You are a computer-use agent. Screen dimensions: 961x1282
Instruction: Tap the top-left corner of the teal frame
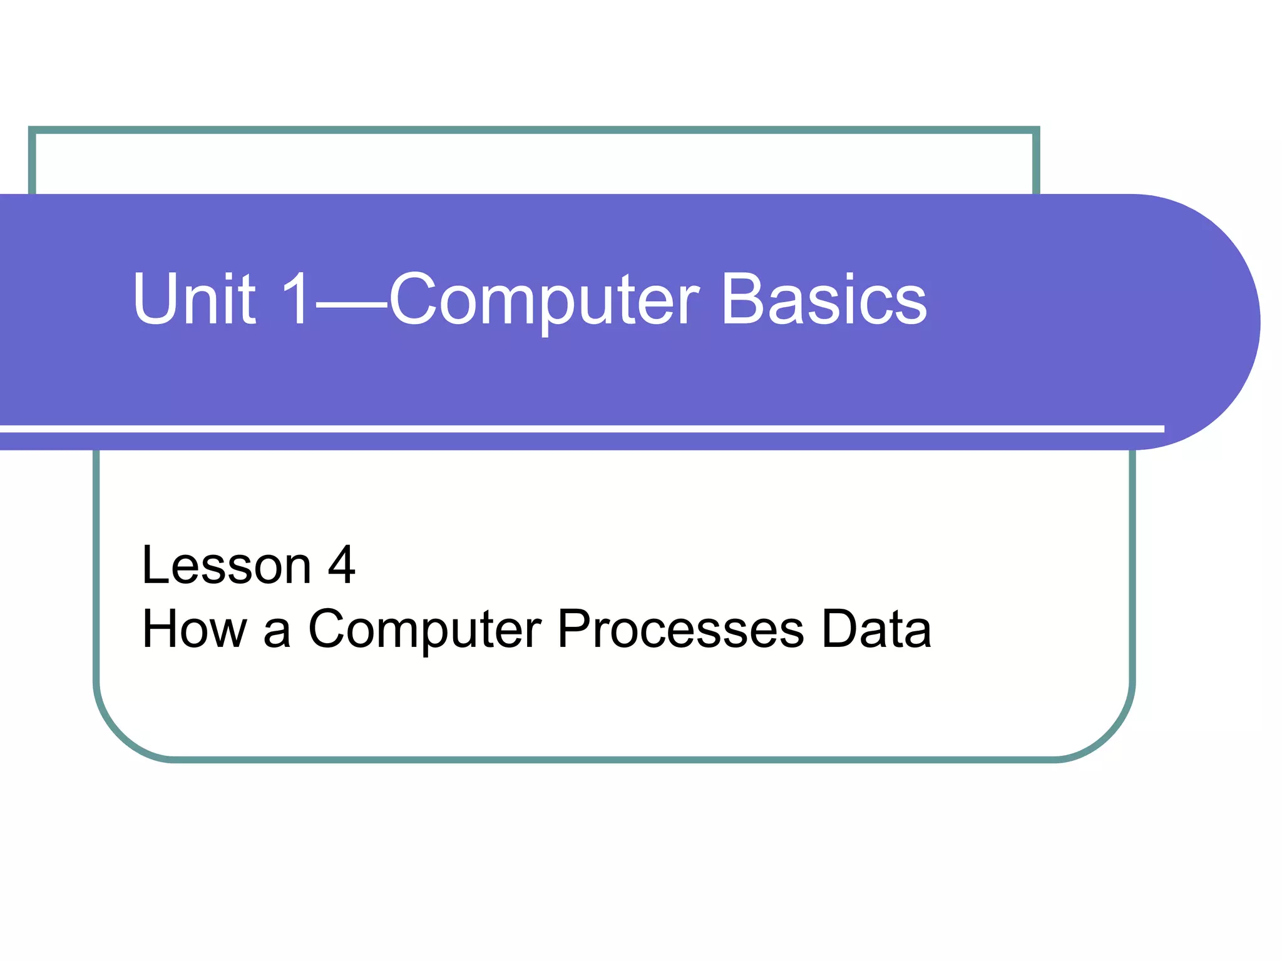[33, 131]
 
